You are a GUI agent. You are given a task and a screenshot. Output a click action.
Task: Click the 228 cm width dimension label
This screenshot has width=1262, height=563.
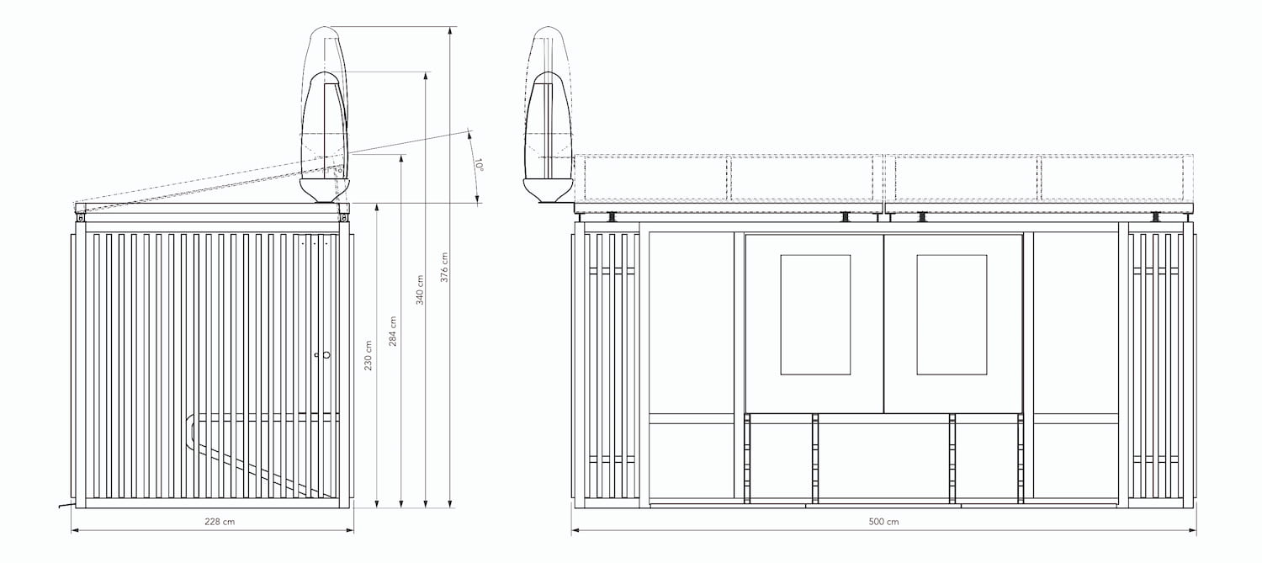pyautogui.click(x=219, y=522)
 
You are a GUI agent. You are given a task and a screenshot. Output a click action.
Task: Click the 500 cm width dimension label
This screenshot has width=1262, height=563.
pyautogui.click(x=883, y=522)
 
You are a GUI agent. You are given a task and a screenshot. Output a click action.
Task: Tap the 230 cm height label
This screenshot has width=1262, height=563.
pyautogui.click(x=368, y=359)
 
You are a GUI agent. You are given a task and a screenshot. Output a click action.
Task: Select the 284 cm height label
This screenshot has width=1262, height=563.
pyautogui.click(x=393, y=332)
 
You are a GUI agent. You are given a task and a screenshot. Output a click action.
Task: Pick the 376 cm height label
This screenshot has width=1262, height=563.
pyautogui.click(x=444, y=268)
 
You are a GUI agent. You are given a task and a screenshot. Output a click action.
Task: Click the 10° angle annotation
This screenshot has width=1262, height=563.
pyautogui.click(x=478, y=164)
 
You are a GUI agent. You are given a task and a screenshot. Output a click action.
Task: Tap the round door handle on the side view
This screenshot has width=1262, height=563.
pyautogui.click(x=326, y=355)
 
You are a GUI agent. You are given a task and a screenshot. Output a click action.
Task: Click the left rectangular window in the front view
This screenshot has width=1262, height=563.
pyautogui.click(x=815, y=314)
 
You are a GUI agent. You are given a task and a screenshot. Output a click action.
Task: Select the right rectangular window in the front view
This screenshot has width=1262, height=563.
pyautogui.click(x=952, y=314)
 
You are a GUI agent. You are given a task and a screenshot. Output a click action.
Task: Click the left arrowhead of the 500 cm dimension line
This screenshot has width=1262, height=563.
pyautogui.click(x=575, y=531)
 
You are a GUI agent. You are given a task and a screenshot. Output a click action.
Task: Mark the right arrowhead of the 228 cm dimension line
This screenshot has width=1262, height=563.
pyautogui.click(x=351, y=531)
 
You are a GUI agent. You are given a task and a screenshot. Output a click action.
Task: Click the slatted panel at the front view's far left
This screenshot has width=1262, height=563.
pyautogui.click(x=604, y=366)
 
